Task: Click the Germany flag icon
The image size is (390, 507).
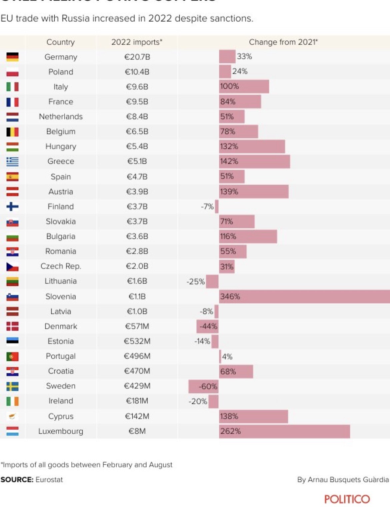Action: [12, 57]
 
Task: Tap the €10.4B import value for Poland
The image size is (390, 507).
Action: [137, 72]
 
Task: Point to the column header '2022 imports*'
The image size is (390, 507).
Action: [137, 42]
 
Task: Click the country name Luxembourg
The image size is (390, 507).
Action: [61, 431]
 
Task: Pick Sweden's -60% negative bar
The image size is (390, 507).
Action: [203, 386]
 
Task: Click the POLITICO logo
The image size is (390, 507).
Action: [347, 499]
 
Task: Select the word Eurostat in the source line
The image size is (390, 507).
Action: [49, 480]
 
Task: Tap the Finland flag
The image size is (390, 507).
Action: [12, 206]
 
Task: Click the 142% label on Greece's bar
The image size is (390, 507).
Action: [229, 161]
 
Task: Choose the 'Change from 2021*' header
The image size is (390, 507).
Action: [283, 42]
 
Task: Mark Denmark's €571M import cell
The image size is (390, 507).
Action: [137, 326]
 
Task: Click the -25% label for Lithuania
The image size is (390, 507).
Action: [195, 282]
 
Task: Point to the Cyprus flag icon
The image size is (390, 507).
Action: [12, 416]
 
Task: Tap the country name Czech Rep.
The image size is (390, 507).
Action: [61, 266]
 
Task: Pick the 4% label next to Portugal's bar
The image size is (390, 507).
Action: [227, 357]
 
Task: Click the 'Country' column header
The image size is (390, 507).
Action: [60, 42]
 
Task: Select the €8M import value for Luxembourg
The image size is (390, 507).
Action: [137, 431]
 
